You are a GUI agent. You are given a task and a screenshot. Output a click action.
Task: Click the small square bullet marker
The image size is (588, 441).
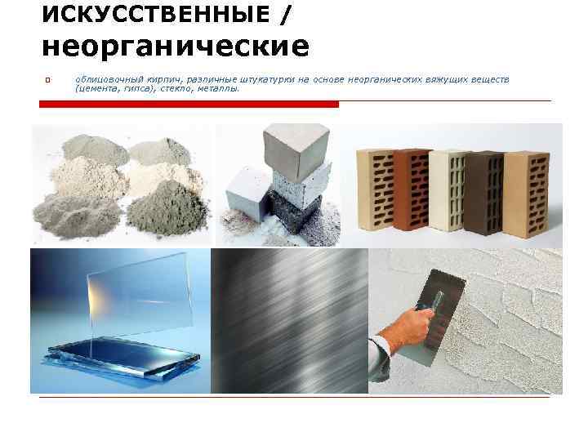coord(48,80)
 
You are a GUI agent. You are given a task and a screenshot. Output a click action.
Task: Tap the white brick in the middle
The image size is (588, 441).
coord(447,189)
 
